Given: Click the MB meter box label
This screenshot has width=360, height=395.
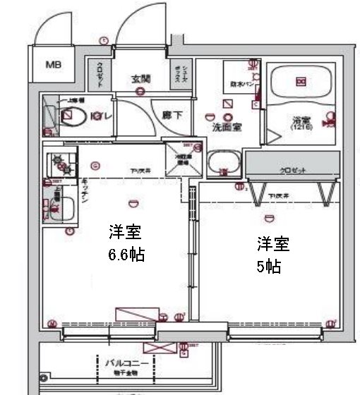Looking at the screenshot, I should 54,66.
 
